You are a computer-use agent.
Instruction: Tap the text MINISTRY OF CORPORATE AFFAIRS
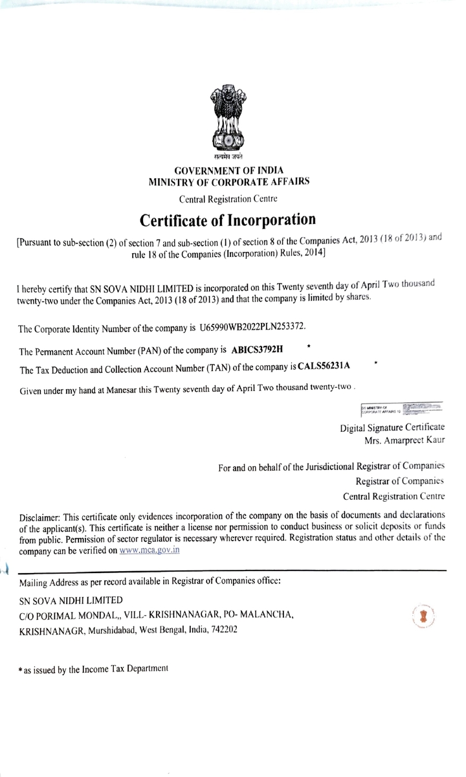click(x=229, y=182)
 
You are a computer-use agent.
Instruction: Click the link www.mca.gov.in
click(x=150, y=550)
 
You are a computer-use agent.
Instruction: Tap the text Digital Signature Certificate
click(x=392, y=428)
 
